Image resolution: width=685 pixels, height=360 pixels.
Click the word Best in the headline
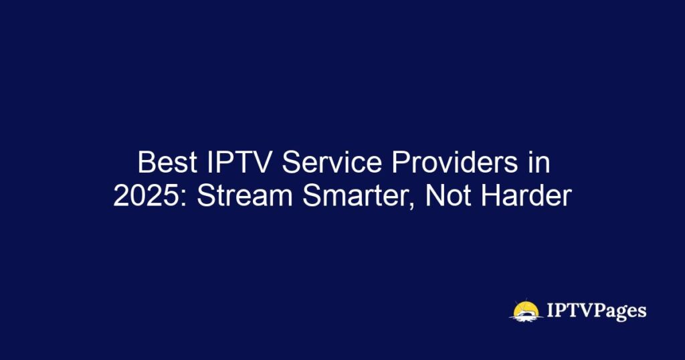click(167, 163)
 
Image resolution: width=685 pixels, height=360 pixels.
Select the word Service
click(332, 163)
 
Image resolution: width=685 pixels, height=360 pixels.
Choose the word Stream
click(244, 196)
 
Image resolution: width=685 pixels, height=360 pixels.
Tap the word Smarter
click(357, 196)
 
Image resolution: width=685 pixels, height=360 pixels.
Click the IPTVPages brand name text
click(596, 310)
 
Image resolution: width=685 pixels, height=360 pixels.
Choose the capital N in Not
click(435, 196)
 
